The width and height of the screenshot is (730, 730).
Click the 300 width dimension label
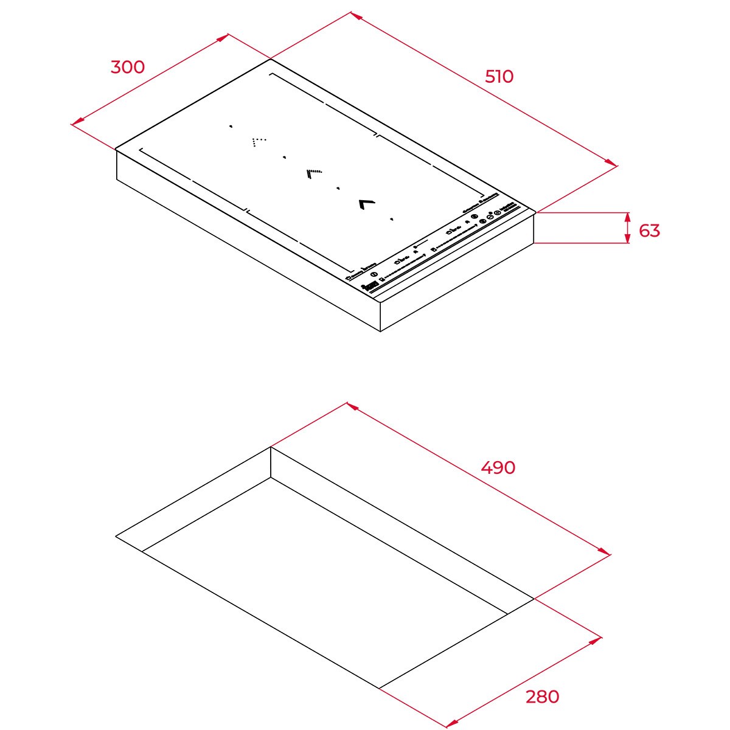[x=128, y=67]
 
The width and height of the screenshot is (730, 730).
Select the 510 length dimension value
[x=499, y=77]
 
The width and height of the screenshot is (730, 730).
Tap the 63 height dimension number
[x=650, y=231]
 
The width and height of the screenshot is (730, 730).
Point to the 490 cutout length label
[x=498, y=468]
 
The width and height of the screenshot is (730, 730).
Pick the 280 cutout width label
[x=542, y=697]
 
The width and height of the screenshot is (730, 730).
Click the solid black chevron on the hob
[x=366, y=203]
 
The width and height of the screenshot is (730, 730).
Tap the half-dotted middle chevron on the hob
[x=314, y=173]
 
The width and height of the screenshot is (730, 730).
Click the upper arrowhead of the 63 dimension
[x=628, y=217]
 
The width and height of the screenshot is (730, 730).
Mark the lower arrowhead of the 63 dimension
[x=628, y=239]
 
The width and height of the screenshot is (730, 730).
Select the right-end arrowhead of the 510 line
[x=612, y=163]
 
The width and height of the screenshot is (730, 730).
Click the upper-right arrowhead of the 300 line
[x=224, y=36]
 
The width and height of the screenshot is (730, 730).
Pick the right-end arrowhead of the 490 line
[x=605, y=552]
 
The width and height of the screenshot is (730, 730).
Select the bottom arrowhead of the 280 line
[x=451, y=725]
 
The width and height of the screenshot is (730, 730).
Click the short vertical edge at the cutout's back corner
[x=271, y=462]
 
